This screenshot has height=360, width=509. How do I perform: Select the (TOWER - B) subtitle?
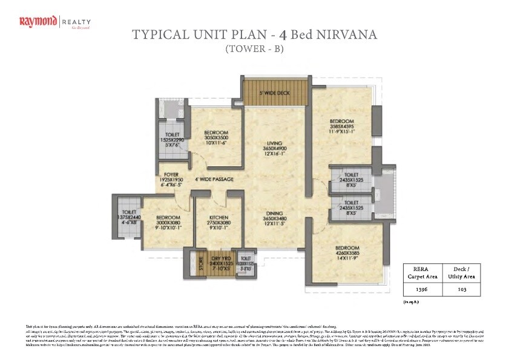[x=254, y=49]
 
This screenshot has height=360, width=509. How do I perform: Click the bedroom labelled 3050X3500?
[x=215, y=133]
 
